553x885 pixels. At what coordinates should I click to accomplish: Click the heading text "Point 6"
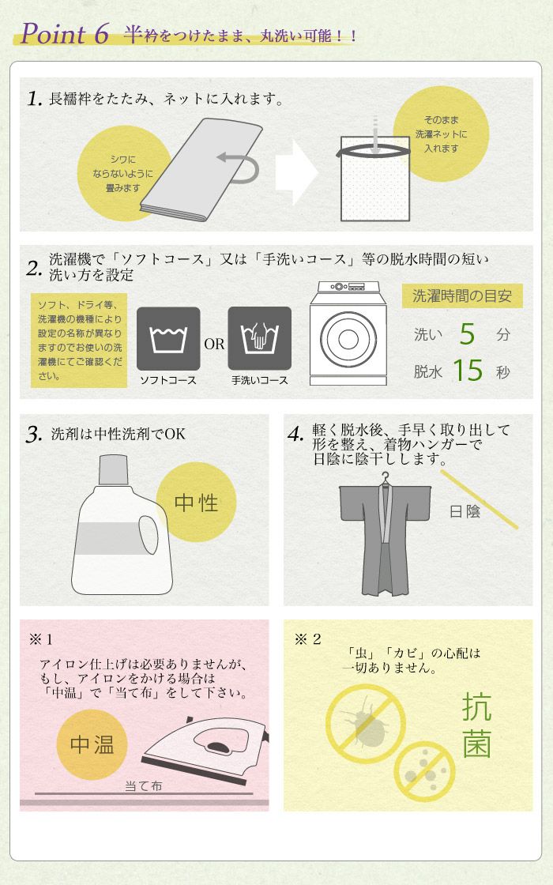(65, 33)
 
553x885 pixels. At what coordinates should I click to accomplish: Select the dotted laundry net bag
(374, 183)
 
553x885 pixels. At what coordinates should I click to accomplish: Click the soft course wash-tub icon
(168, 339)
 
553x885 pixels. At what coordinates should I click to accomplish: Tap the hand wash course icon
(260, 339)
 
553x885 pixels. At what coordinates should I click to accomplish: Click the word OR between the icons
(214, 344)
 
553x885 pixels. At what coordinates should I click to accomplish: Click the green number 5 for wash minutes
(467, 333)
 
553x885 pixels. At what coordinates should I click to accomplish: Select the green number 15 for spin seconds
(468, 371)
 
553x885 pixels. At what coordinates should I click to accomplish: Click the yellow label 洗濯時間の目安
(462, 296)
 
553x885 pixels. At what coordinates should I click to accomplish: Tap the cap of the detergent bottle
(114, 469)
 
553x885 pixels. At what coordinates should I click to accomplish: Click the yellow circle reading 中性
(196, 502)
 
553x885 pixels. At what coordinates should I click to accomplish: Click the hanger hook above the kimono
(386, 478)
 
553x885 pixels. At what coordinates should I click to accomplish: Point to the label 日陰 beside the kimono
(465, 511)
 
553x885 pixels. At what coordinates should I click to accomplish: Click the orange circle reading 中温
(92, 744)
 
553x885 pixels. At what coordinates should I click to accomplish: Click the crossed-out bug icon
(365, 724)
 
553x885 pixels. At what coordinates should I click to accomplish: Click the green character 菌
(477, 744)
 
